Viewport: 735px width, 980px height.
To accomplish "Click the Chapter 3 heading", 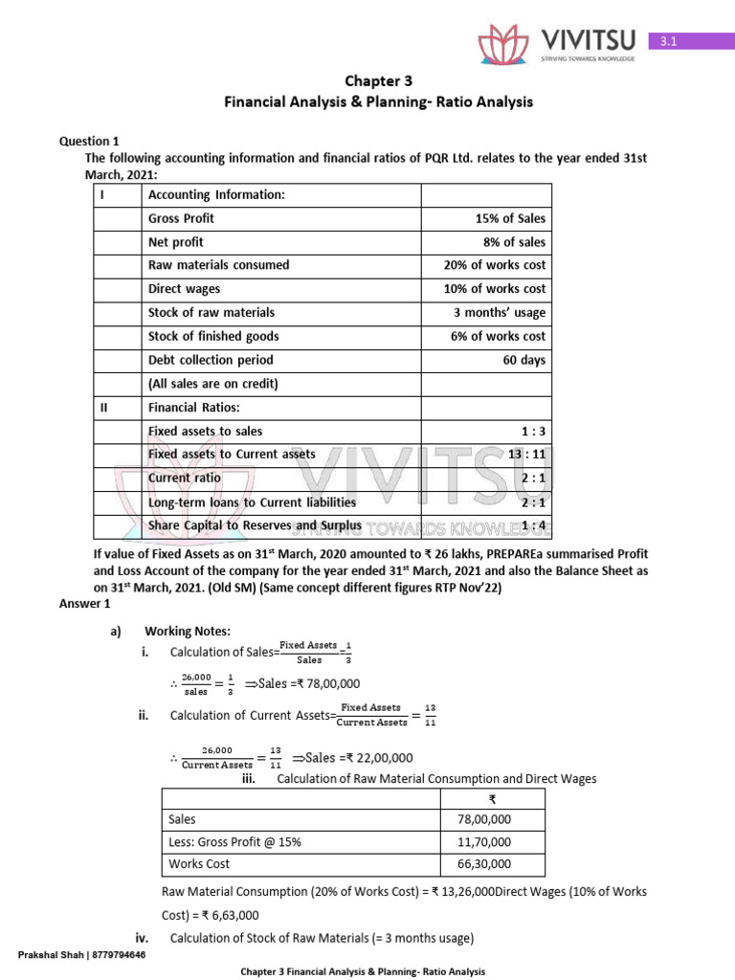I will pos(378,81).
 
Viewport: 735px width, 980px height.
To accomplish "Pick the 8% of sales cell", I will pos(514,242).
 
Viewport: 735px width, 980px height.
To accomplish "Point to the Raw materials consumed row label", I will pos(218,265).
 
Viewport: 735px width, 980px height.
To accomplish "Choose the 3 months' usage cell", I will pos(500,313).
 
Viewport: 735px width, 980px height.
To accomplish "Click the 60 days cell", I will pos(522,360).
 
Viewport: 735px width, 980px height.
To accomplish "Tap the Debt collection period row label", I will pos(211,360).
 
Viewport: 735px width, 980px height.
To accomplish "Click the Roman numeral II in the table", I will pos(104,408).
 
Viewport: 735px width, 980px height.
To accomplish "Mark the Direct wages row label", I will pos(184,289).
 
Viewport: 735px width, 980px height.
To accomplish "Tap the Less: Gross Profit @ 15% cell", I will pos(234,842).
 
